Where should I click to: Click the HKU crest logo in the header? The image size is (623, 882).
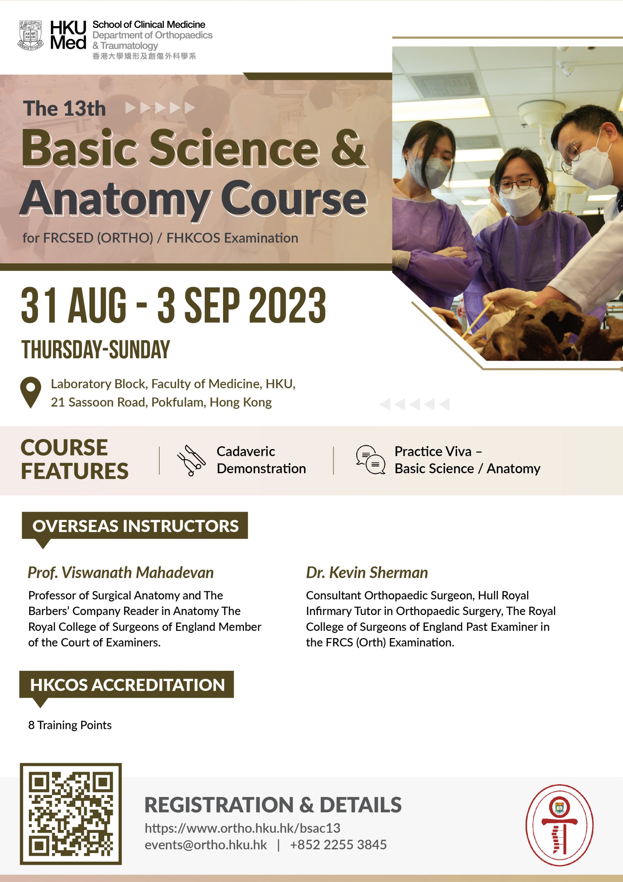30,36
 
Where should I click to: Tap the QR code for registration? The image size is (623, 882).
71,814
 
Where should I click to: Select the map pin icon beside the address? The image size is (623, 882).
31,392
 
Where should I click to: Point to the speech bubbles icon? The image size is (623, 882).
370,460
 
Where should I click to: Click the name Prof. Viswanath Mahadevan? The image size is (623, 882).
120,572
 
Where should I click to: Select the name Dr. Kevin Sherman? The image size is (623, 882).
367,572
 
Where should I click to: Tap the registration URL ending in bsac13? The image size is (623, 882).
242,828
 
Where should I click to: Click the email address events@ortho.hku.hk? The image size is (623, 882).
206,845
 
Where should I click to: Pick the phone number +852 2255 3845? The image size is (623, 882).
338,845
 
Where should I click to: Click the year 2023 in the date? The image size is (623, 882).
287,305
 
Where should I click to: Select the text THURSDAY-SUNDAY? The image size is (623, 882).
96,350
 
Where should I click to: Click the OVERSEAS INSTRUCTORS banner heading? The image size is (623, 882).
135,526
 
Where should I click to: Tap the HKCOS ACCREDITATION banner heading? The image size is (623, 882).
127,685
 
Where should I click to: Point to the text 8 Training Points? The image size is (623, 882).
70,725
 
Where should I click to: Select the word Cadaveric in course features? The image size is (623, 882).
246,451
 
